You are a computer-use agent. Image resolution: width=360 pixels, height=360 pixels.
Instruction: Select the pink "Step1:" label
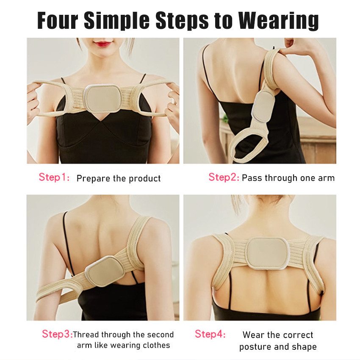54,177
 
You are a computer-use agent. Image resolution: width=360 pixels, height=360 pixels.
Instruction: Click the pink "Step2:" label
224,177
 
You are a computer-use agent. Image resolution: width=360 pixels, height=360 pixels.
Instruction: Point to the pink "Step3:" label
57,334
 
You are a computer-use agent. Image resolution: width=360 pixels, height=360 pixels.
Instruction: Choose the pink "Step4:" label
210,334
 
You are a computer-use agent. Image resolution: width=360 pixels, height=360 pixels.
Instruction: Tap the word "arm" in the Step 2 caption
326,178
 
